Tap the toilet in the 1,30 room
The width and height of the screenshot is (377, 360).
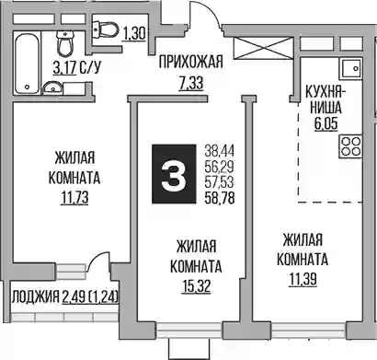106,30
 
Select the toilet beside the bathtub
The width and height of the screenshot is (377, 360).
65,42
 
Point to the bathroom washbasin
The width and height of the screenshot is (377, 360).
52,88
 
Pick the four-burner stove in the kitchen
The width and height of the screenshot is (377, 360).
350,146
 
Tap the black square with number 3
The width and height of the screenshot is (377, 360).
174,174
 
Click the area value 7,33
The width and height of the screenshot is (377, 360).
191,83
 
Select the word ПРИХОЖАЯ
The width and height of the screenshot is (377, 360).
190,62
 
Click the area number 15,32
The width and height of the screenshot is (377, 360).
196,286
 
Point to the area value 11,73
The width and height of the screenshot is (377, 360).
74,198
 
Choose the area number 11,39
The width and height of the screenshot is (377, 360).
303,279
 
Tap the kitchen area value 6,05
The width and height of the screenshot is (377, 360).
326,123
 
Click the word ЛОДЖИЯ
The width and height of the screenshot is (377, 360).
36,297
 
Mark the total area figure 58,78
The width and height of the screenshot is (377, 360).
220,198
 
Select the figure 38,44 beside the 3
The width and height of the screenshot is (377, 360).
220,151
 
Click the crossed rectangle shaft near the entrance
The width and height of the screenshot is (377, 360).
264,48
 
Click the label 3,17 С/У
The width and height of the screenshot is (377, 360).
76,67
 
